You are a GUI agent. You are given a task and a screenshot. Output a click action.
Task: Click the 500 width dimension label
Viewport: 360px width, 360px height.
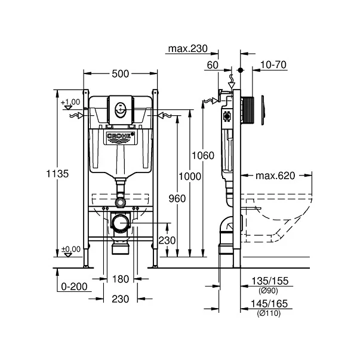[x=121, y=74]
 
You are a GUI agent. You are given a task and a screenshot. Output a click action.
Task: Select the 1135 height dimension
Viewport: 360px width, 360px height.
[x=57, y=174]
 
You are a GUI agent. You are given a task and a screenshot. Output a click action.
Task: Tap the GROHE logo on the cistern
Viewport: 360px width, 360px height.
[x=120, y=136]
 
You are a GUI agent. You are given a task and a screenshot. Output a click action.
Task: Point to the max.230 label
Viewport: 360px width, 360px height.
[x=188, y=48]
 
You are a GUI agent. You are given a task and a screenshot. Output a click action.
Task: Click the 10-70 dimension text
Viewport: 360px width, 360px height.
[x=273, y=64]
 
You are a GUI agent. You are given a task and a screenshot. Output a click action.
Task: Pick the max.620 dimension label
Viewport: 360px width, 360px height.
[x=275, y=176]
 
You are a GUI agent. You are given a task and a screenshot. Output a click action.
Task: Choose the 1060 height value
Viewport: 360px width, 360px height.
[x=203, y=156]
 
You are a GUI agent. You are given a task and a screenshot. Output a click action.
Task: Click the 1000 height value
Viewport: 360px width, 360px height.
[x=190, y=177]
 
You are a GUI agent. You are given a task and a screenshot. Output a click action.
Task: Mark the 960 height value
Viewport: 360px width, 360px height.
[x=177, y=199]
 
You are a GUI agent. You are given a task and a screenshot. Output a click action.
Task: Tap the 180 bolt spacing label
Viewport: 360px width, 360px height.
[x=121, y=279]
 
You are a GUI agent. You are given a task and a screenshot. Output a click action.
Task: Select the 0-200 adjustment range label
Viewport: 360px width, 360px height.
[x=74, y=287]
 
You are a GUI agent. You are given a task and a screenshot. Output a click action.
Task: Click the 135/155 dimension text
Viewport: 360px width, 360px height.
[x=270, y=281]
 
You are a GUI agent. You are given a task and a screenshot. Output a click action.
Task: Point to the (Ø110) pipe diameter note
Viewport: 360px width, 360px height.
[x=269, y=313]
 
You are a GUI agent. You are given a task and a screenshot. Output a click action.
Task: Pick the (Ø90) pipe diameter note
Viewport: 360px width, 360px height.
[x=268, y=291]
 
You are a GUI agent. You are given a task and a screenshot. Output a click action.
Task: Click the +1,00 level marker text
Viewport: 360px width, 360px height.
[x=70, y=102]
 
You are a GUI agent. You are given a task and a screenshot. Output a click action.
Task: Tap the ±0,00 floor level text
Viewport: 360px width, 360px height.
[x=71, y=249]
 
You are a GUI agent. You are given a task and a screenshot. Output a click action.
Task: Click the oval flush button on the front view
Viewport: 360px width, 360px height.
[x=121, y=110]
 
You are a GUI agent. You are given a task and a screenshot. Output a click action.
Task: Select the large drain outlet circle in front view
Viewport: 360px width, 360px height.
[x=120, y=223]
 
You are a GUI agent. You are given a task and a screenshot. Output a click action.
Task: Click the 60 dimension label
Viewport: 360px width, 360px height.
[x=213, y=65]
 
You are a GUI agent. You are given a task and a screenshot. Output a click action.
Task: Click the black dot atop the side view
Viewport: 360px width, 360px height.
[x=241, y=70]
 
